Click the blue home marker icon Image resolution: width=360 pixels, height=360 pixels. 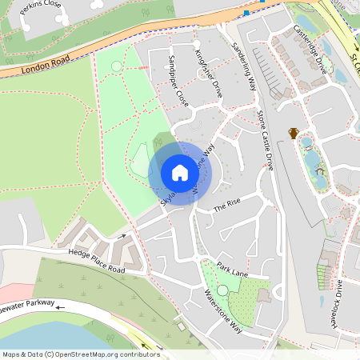pyautogui.click(x=180, y=172)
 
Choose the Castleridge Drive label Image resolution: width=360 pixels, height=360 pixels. pyautogui.click(x=311, y=47)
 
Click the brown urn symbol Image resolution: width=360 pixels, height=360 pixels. pyautogui.click(x=294, y=133)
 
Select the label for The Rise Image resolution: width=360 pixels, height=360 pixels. pyautogui.click(x=226, y=206)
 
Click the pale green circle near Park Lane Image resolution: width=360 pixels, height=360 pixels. pyautogui.click(x=222, y=290)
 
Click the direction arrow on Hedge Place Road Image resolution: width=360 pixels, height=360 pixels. pyautogui.click(x=122, y=237)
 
